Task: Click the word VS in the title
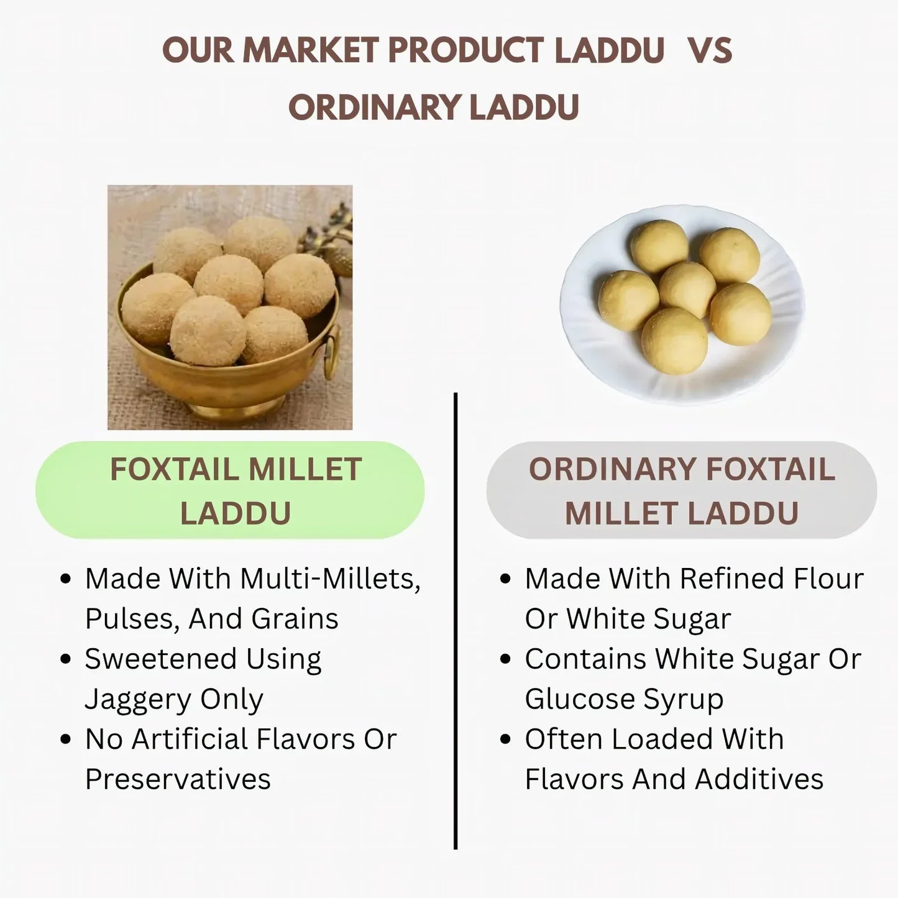coord(710,50)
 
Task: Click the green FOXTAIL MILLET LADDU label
coord(230,490)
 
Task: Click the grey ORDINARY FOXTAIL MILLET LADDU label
coord(681,490)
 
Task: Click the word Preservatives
coord(178,779)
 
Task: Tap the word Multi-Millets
coord(330,579)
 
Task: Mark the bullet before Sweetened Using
coord(66,659)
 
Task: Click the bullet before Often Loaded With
coord(506,740)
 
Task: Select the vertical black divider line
coord(456,621)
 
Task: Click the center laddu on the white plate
coord(687,289)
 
